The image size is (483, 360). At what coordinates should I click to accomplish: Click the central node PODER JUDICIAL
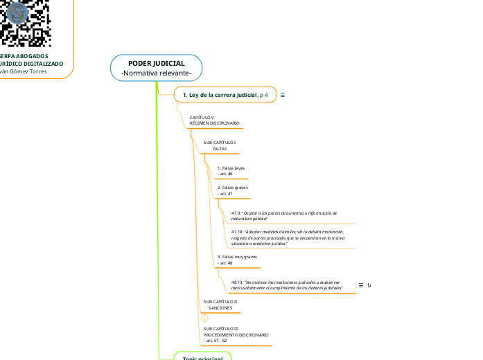[x=156, y=63]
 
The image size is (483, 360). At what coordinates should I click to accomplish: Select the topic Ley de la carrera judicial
[x=216, y=94]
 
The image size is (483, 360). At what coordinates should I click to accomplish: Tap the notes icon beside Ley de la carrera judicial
[x=283, y=94]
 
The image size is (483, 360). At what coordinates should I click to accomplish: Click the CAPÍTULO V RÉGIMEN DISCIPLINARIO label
[x=214, y=120]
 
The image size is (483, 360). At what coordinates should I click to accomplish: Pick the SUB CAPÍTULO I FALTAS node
[x=219, y=145]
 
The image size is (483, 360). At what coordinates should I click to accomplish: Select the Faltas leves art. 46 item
[x=231, y=170]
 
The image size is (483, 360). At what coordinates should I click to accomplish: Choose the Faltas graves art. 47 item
[x=232, y=190]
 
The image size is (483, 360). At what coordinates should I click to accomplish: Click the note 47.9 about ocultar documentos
[x=284, y=215]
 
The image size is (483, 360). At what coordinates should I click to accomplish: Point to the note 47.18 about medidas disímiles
[x=288, y=237]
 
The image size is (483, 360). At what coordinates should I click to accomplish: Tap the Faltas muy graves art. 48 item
[x=237, y=260]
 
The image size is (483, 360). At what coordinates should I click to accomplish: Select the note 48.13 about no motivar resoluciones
[x=287, y=285]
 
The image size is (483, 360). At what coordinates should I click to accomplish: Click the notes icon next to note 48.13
[x=361, y=285]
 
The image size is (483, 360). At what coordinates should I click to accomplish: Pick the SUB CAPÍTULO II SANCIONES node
[x=220, y=305]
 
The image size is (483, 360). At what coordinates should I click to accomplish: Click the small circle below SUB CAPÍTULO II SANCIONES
[x=204, y=318]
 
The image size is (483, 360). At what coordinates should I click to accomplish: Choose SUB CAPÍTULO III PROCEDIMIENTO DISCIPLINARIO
[x=236, y=334]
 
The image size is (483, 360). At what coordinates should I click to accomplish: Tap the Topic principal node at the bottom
[x=202, y=357]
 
